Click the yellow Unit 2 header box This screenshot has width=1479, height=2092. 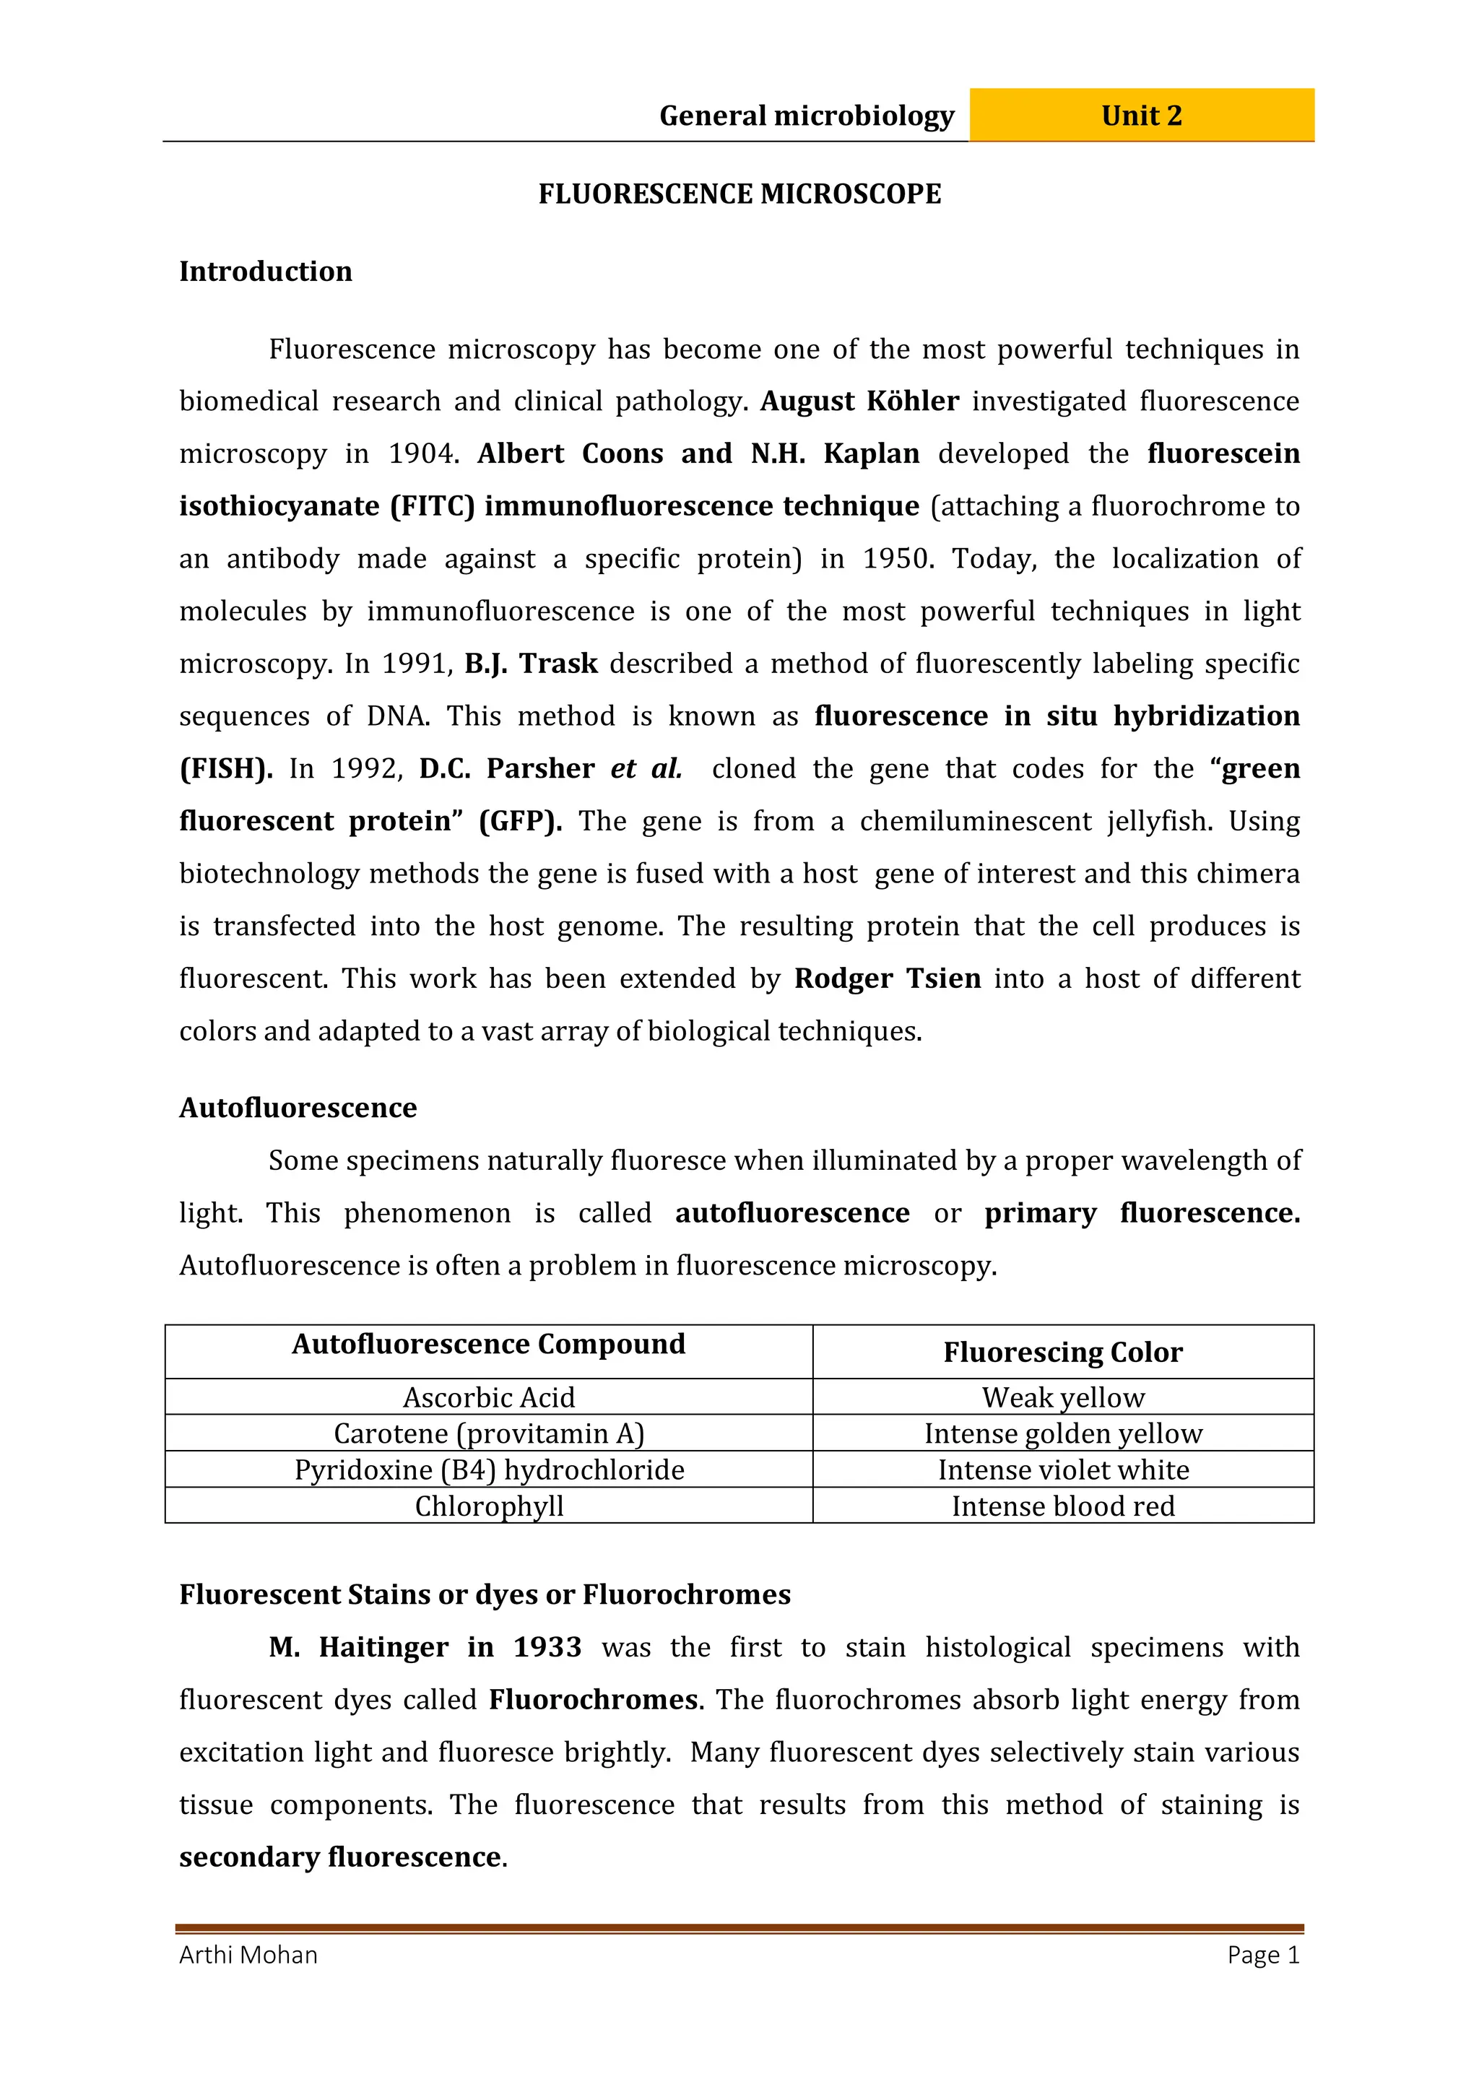tap(1141, 116)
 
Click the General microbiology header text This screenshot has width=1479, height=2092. tap(807, 116)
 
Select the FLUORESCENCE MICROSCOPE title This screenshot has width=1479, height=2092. tap(739, 194)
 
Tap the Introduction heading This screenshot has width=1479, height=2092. tap(265, 272)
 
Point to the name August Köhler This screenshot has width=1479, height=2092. tap(859, 401)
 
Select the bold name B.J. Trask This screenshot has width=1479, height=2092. tap(532, 664)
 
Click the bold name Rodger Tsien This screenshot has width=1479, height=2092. tap(888, 978)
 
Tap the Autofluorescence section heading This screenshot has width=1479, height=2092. tap(298, 1108)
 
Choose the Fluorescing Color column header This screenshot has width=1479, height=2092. tap(1062, 1352)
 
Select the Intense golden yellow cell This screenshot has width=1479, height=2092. tap(1062, 1434)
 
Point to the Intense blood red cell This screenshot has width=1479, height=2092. tap(1062, 1506)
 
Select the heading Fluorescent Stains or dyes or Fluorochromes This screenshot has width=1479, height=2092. tap(485, 1594)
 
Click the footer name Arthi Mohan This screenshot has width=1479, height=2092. tap(248, 1956)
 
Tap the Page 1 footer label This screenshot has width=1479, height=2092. tap(1263, 1956)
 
